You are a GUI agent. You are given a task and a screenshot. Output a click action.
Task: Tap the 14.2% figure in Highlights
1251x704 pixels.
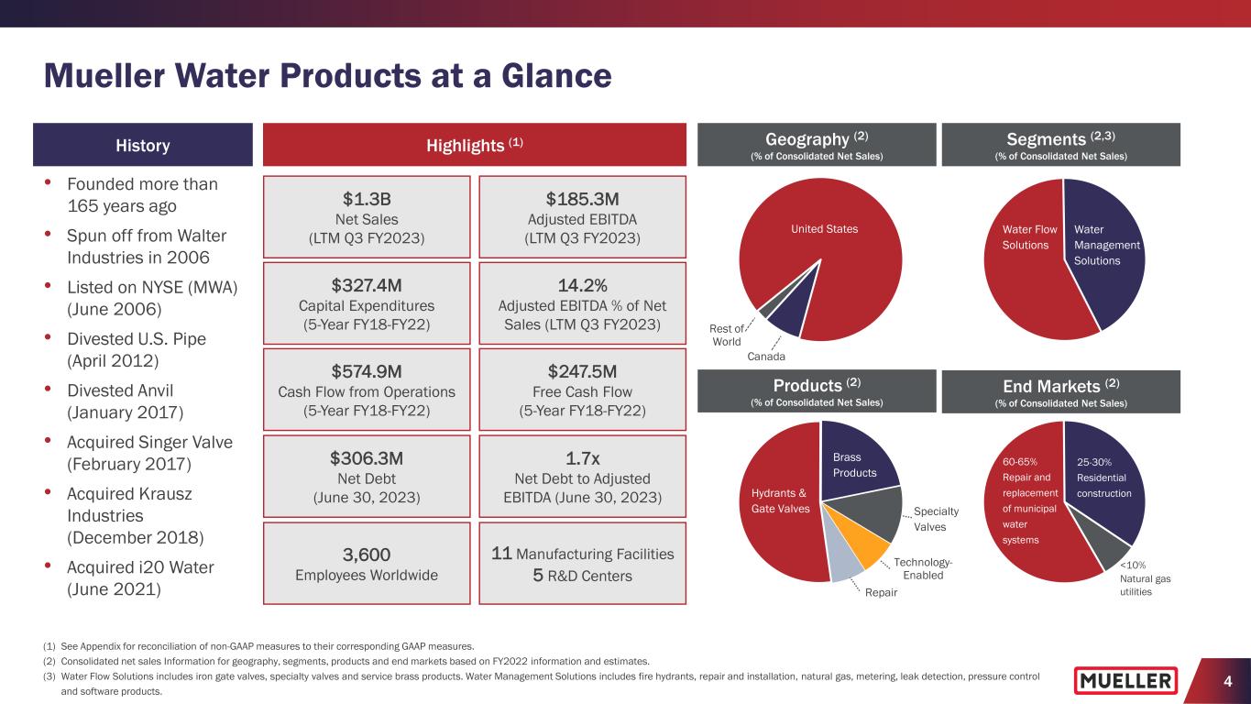(582, 283)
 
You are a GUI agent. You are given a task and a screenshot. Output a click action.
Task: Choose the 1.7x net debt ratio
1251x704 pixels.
(582, 456)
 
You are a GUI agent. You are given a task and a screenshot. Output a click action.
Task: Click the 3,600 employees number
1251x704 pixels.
(368, 554)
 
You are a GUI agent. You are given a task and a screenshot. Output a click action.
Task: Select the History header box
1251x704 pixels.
(143, 145)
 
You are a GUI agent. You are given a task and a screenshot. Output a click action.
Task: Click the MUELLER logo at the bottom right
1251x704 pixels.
(1126, 680)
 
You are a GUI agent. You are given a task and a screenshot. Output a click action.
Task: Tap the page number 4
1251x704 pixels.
(1226, 681)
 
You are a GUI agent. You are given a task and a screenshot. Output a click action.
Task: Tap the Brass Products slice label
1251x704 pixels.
(855, 465)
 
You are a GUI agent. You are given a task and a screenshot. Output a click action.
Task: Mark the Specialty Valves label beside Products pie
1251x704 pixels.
(934, 519)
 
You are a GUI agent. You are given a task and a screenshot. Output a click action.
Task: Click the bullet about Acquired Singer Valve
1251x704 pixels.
(149, 451)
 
